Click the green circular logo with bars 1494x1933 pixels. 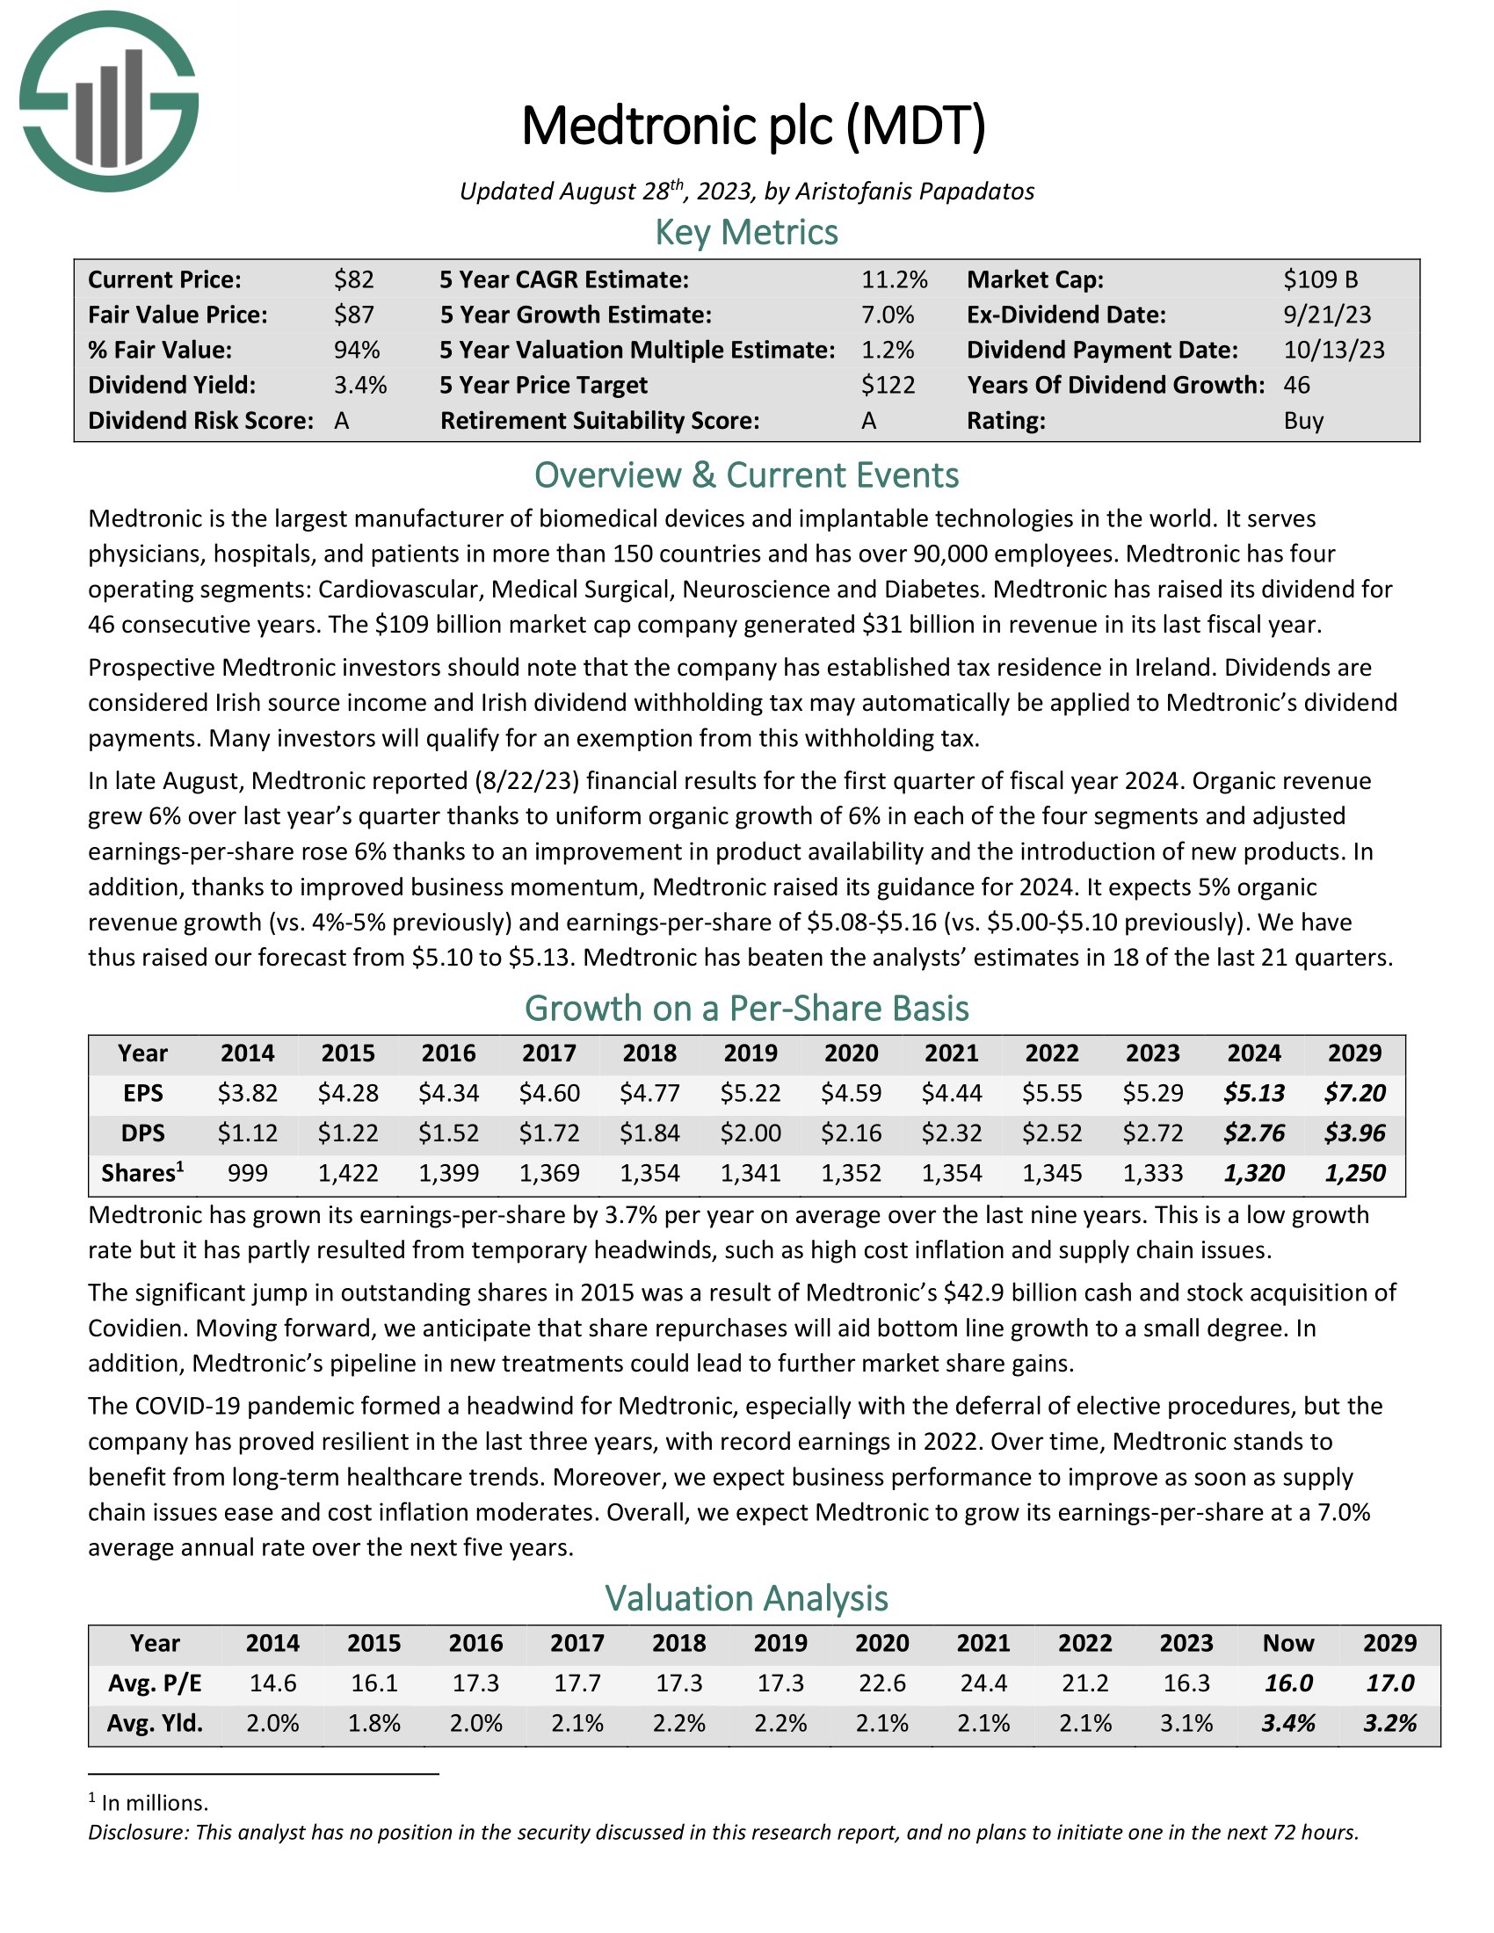pyautogui.click(x=108, y=102)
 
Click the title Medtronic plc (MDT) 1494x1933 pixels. pyautogui.click(x=753, y=127)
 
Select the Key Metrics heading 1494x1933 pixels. pyautogui.click(x=746, y=233)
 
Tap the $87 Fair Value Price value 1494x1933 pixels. pyautogui.click(x=354, y=315)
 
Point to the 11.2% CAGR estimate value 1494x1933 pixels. pyautogui.click(x=894, y=279)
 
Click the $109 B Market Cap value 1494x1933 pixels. pyautogui.click(x=1320, y=279)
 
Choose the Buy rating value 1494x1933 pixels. pyautogui.click(x=1302, y=420)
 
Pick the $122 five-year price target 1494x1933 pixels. pyautogui.click(x=888, y=385)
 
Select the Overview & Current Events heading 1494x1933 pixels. pyautogui.click(x=746, y=476)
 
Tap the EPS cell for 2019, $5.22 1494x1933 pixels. pyautogui.click(x=751, y=1093)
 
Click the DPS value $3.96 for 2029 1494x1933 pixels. pyautogui.click(x=1354, y=1133)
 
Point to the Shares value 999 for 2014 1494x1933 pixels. pyautogui.click(x=247, y=1174)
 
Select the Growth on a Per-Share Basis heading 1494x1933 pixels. pyautogui.click(x=746, y=1009)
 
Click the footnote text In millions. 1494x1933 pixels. pyautogui.click(x=155, y=1803)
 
